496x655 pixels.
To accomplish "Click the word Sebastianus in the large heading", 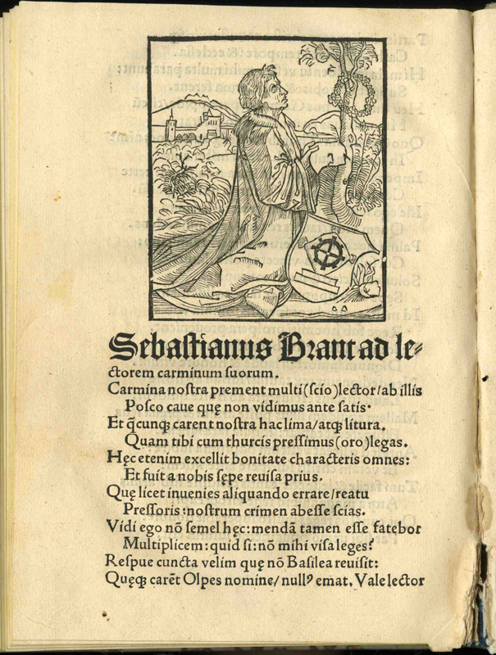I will point(176,347).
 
